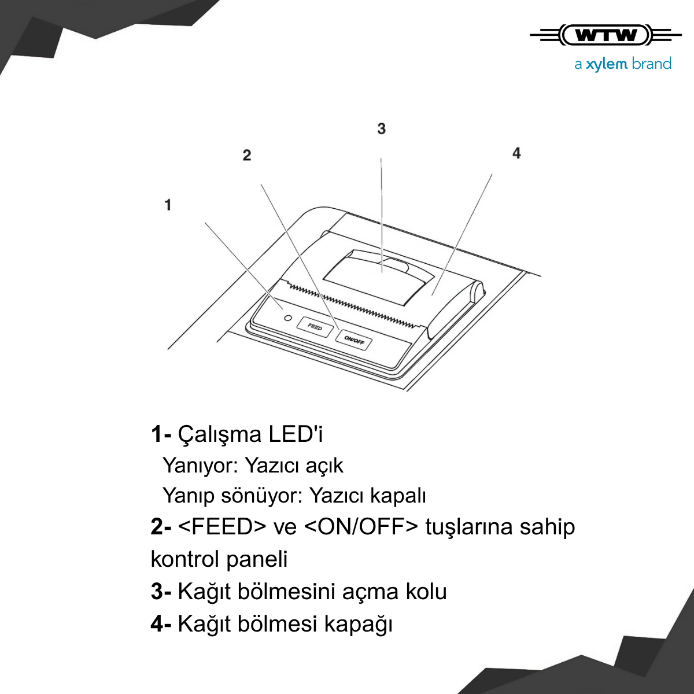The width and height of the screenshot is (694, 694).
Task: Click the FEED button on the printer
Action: (x=315, y=327)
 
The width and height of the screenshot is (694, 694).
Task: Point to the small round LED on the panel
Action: (x=288, y=318)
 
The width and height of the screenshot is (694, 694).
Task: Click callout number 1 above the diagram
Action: (x=168, y=205)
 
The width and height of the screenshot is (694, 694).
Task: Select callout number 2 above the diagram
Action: (x=247, y=155)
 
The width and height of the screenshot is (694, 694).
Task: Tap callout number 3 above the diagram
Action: (x=381, y=128)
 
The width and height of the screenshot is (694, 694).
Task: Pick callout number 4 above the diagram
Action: (x=516, y=153)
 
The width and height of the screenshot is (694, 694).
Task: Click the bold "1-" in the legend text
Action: (x=161, y=434)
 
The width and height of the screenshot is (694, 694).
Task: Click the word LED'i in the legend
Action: (x=296, y=434)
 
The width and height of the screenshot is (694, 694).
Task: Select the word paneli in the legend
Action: (x=257, y=559)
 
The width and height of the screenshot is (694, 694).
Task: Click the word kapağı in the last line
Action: (x=358, y=625)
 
